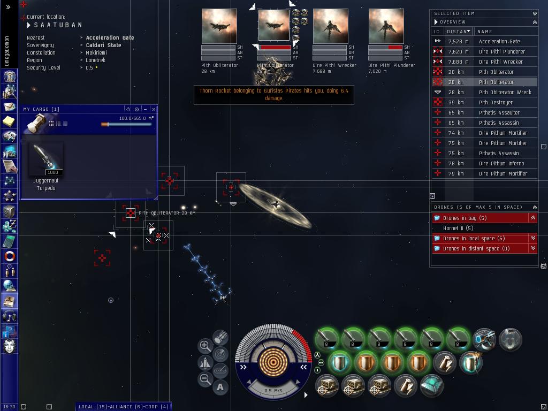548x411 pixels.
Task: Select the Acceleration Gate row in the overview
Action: click(499, 41)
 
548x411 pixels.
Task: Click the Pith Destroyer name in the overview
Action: click(496, 102)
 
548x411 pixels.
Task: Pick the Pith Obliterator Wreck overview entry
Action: click(505, 92)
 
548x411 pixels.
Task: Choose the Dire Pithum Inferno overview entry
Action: click(501, 163)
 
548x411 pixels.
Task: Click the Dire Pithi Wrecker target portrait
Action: click(330, 26)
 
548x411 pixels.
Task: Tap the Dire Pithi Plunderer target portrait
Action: click(386, 26)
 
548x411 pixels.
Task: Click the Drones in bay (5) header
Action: click(465, 218)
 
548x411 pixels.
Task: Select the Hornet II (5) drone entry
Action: click(458, 228)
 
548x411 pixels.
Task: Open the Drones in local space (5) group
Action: click(474, 238)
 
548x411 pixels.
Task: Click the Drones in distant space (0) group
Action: click(476, 248)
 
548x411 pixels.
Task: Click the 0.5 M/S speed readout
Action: click(273, 391)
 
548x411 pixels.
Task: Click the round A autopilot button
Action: click(220, 387)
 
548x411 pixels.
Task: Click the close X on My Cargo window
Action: click(154, 109)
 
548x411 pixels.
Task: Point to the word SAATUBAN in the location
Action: click(58, 25)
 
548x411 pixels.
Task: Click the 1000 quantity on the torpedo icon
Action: click(53, 172)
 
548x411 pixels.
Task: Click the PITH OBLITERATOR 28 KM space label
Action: click(167, 213)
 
